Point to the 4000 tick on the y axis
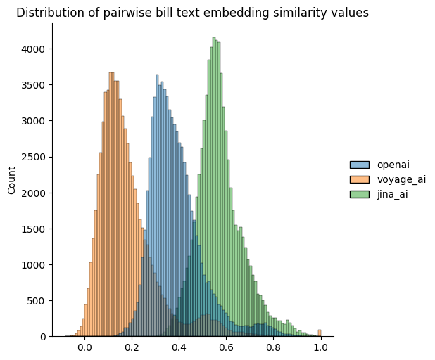click(33, 49)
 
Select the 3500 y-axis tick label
click(33, 85)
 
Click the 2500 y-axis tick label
click(33, 157)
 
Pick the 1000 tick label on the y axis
click(33, 264)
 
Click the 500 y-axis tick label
click(36, 300)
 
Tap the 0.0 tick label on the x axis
click(84, 347)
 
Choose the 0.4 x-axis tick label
click(179, 347)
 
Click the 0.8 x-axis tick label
click(273, 347)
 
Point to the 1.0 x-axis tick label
click(320, 347)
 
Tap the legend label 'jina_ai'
click(393, 194)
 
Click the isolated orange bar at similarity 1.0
click(320, 333)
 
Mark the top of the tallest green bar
click(214, 38)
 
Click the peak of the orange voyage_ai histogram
click(111, 73)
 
